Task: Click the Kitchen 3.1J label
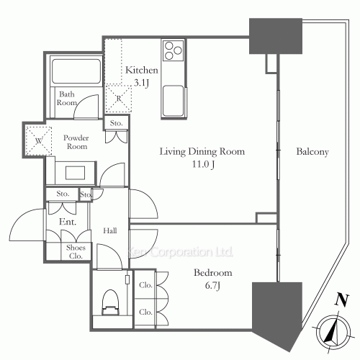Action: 142,76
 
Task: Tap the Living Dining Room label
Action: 202,158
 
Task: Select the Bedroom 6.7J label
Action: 212,279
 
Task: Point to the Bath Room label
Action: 67,99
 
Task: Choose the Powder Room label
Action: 76,142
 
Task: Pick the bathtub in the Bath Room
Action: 76,73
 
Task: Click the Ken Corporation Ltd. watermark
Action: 180,252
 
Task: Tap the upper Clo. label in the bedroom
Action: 145,284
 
